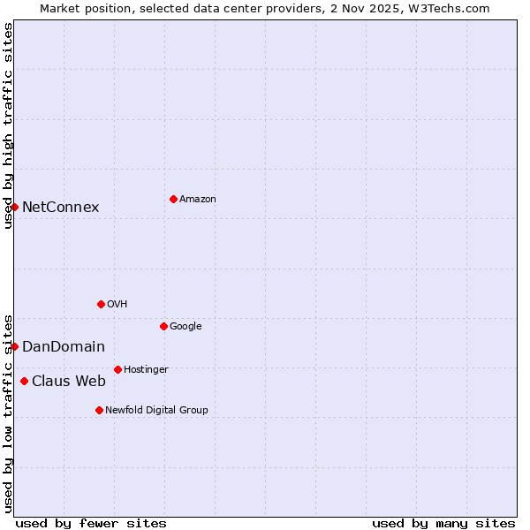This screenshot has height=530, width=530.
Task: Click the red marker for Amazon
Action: tap(173, 199)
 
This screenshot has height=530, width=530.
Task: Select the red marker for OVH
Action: tap(101, 304)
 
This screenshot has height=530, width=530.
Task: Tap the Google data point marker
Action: tap(163, 326)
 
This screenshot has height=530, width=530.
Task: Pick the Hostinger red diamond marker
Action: tap(117, 369)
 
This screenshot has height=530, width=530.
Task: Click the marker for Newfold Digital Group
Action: tap(99, 410)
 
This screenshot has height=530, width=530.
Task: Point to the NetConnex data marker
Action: tap(14, 207)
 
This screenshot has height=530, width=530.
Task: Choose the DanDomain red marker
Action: tap(14, 346)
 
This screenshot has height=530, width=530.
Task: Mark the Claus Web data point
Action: tap(24, 381)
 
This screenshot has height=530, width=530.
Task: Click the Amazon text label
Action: tap(198, 200)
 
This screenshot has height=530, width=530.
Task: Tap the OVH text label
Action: tap(117, 305)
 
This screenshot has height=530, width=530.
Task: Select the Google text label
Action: tap(185, 327)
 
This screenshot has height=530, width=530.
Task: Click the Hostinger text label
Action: tap(146, 370)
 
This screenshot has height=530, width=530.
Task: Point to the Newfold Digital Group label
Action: tap(156, 411)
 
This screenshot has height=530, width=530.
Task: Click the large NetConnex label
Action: tap(60, 208)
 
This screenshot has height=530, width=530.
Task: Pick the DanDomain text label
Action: tap(64, 347)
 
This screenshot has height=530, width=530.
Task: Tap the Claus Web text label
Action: tap(69, 382)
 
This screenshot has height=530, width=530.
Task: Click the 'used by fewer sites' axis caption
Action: tap(91, 523)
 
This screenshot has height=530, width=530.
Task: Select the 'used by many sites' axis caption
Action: tap(443, 523)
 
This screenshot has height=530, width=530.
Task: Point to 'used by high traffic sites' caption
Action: tap(8, 125)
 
